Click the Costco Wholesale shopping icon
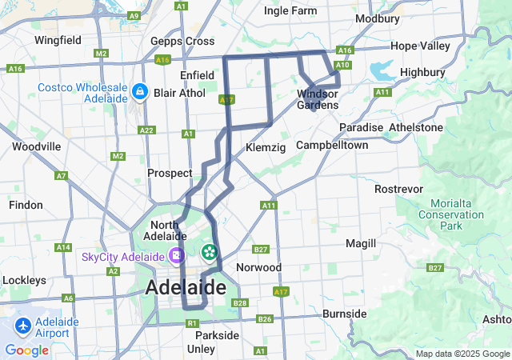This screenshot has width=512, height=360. (x=140, y=93)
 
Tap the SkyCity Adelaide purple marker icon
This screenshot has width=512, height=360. (x=175, y=257)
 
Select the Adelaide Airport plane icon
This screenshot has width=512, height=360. (x=23, y=326)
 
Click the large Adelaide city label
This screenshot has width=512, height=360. (x=186, y=287)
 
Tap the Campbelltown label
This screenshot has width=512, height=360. (x=332, y=146)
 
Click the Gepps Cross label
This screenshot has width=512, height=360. (x=182, y=41)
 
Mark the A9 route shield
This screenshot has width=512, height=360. (x=134, y=16)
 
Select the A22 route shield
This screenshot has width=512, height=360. (x=146, y=130)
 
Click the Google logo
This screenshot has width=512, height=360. (x=26, y=350)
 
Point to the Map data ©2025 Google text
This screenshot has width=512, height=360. (x=462, y=354)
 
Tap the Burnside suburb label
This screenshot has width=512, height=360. (x=344, y=314)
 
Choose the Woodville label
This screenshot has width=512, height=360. (x=36, y=146)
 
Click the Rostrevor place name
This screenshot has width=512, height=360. (x=398, y=189)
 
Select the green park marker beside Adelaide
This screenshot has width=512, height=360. (x=210, y=253)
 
